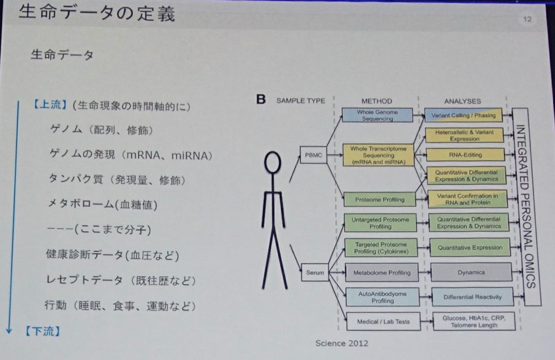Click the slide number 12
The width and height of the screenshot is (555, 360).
527,20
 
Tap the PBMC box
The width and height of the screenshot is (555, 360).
313,155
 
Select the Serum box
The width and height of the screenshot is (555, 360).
315,273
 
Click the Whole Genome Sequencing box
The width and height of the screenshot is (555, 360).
377,115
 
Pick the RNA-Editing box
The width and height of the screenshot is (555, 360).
465,154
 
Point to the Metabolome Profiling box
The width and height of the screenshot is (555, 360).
382,273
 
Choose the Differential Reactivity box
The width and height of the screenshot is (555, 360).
472,297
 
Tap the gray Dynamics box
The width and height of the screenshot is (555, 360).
471,272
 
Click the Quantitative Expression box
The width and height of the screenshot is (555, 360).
470,248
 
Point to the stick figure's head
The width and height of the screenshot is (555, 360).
273,163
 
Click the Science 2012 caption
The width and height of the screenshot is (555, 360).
342,343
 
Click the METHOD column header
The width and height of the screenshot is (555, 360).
376,101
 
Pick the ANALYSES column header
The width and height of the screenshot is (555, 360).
462,101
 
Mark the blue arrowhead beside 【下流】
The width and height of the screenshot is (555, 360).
9,331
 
